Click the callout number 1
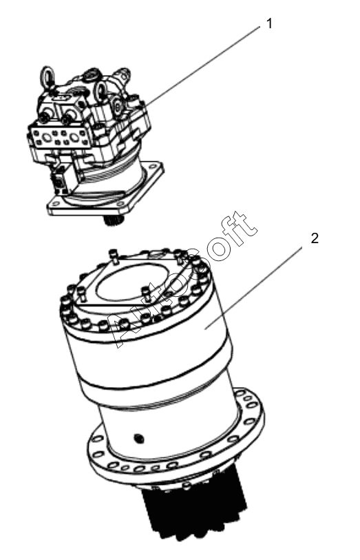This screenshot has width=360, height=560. tap(269, 24)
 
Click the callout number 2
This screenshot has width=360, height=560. tap(315, 238)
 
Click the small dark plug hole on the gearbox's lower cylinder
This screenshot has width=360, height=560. tap(139, 438)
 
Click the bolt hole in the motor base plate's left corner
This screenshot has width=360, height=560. tap(54, 205)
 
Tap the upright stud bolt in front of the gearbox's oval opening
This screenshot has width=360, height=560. tap(145, 291)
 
